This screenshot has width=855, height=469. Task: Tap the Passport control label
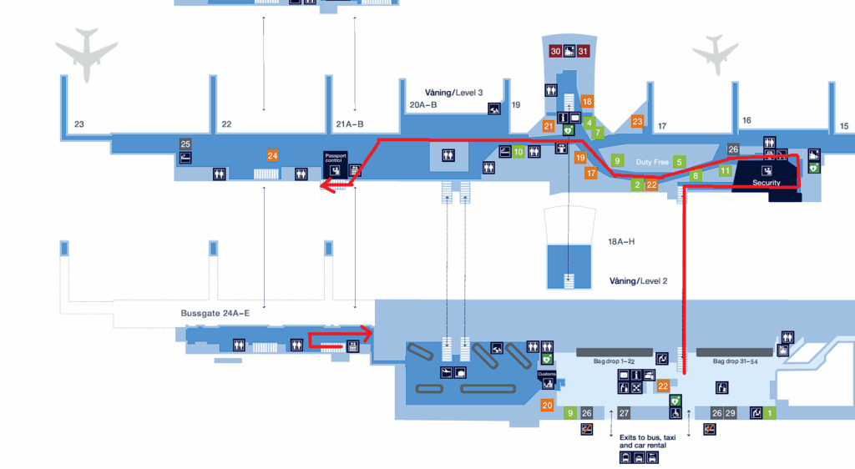335,157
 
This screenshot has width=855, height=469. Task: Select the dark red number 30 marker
555,52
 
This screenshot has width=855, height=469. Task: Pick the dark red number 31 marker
584,52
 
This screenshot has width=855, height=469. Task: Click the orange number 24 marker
272,155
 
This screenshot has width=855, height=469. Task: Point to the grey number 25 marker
185,144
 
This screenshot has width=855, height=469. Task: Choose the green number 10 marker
519,152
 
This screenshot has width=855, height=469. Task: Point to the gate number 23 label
79,125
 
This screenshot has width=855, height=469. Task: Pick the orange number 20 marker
548,406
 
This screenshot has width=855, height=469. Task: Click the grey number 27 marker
624,413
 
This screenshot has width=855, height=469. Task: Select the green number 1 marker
770,413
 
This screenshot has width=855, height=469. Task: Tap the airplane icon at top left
87,57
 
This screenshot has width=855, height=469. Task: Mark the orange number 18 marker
587,102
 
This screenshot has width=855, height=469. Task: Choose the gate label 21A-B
349,125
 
